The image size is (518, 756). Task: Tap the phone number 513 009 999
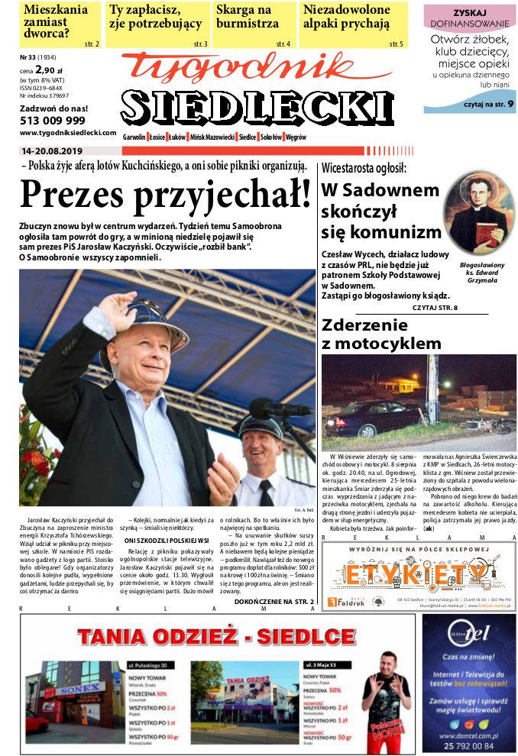(53, 121)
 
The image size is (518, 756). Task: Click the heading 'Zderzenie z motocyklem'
(381, 334)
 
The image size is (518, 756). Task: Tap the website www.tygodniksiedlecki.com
(63, 132)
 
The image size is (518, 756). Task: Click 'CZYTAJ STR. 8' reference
(434, 308)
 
